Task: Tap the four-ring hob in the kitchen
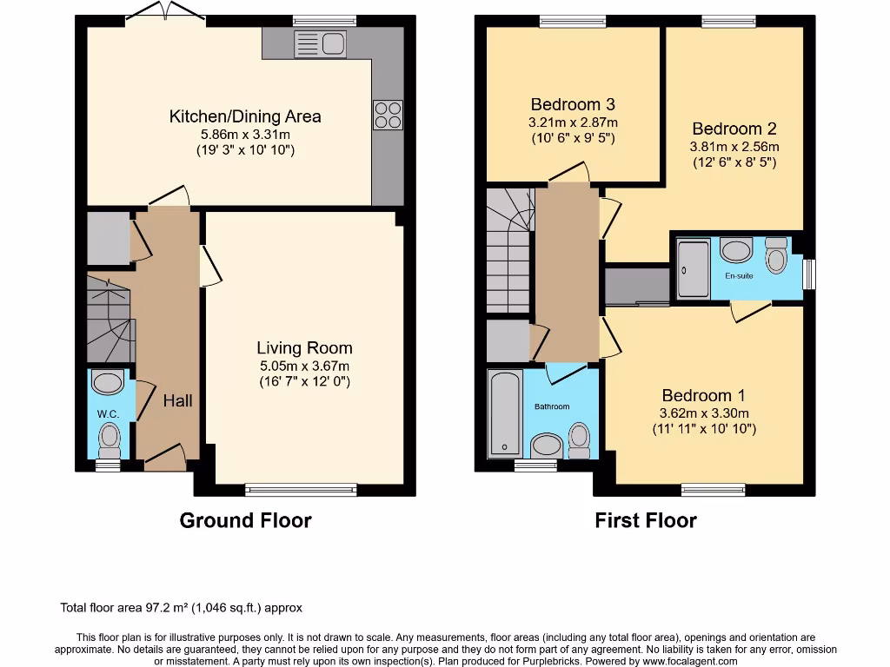(x=388, y=116)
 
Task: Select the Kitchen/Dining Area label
(x=245, y=116)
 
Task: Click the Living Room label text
(x=304, y=348)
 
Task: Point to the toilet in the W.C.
(x=110, y=439)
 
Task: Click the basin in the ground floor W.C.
(x=109, y=383)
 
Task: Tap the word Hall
(x=178, y=400)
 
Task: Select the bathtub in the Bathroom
(x=504, y=413)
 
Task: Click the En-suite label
(x=740, y=275)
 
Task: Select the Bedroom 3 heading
(x=573, y=105)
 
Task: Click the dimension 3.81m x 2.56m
(x=734, y=146)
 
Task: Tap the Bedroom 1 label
(x=703, y=395)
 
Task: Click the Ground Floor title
(x=245, y=520)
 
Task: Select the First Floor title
(x=645, y=520)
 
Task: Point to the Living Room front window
(x=301, y=490)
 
